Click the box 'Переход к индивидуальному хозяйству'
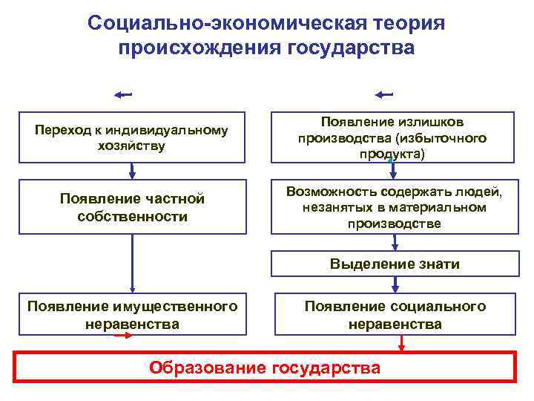coord(131,137)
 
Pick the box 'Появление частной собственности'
coord(131,207)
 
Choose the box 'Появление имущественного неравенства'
coord(131,315)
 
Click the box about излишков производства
coord(392,137)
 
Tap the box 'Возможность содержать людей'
coord(392,207)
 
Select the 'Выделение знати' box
coord(395,264)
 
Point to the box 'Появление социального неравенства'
coord(395,315)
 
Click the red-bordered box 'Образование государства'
coord(265,367)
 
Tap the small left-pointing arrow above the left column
coord(123,94)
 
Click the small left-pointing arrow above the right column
coord(384,94)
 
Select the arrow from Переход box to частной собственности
coord(132,172)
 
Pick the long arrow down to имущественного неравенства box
coord(132,263)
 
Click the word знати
coord(438,264)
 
